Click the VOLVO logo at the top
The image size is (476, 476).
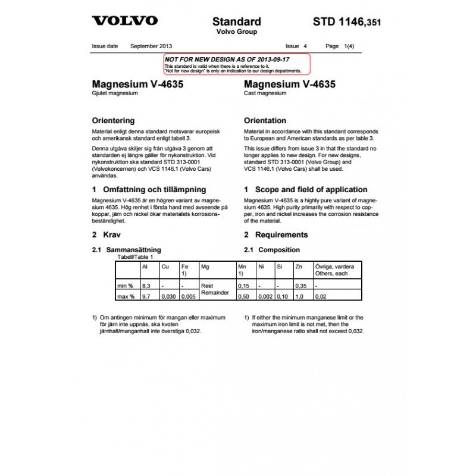click(x=124, y=21)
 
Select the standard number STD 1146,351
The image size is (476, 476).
click(x=346, y=23)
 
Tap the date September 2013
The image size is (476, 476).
click(x=151, y=46)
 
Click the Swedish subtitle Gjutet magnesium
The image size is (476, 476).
click(x=115, y=94)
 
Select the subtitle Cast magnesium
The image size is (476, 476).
click(x=265, y=94)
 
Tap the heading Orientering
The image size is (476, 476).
click(x=113, y=120)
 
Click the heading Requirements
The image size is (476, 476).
click(x=281, y=234)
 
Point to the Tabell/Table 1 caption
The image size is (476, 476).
click(x=135, y=256)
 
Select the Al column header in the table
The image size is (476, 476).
click(x=145, y=267)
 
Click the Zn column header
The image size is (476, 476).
click(x=299, y=267)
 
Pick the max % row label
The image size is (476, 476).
click(x=126, y=296)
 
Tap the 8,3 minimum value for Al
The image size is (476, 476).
click(x=145, y=286)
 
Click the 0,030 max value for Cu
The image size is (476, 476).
click(x=168, y=296)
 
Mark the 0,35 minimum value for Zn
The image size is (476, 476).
click(x=302, y=286)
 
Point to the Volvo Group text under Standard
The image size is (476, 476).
click(x=236, y=32)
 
